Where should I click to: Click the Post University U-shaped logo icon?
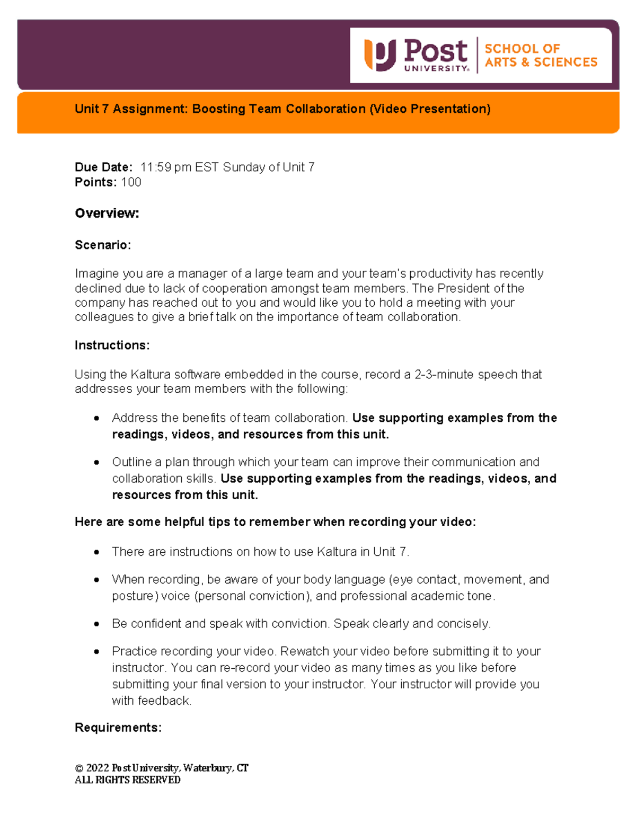click(379, 55)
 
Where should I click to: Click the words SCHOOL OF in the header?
click(522, 49)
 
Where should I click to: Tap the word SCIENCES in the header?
click(566, 63)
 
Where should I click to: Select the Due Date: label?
click(103, 167)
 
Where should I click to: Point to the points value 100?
click(131, 182)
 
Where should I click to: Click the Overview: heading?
click(107, 214)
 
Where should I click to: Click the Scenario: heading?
click(102, 245)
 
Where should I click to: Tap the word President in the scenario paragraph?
click(464, 288)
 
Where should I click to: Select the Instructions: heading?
click(112, 346)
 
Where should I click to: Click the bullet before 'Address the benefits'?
click(96, 418)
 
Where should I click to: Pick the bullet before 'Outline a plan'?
click(96, 462)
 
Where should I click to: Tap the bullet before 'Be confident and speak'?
click(96, 624)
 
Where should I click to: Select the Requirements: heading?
click(118, 728)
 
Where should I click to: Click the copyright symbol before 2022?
click(79, 768)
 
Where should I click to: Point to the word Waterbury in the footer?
click(208, 768)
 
